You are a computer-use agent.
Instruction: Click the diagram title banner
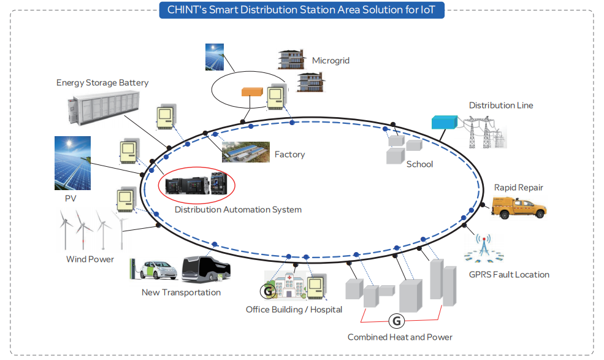click(x=302, y=9)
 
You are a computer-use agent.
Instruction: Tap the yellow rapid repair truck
click(x=519, y=207)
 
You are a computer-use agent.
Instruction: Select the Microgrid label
click(x=331, y=61)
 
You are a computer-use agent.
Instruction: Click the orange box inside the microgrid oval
click(x=251, y=92)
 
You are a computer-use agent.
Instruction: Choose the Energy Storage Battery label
click(x=102, y=83)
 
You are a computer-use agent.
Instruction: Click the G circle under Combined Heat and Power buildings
click(x=397, y=320)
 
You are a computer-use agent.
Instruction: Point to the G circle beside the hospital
click(x=268, y=291)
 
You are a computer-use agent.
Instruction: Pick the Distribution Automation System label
click(x=238, y=210)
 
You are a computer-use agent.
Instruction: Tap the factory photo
click(x=245, y=152)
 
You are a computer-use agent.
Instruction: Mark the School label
click(x=419, y=164)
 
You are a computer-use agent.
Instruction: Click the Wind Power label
click(x=90, y=259)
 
